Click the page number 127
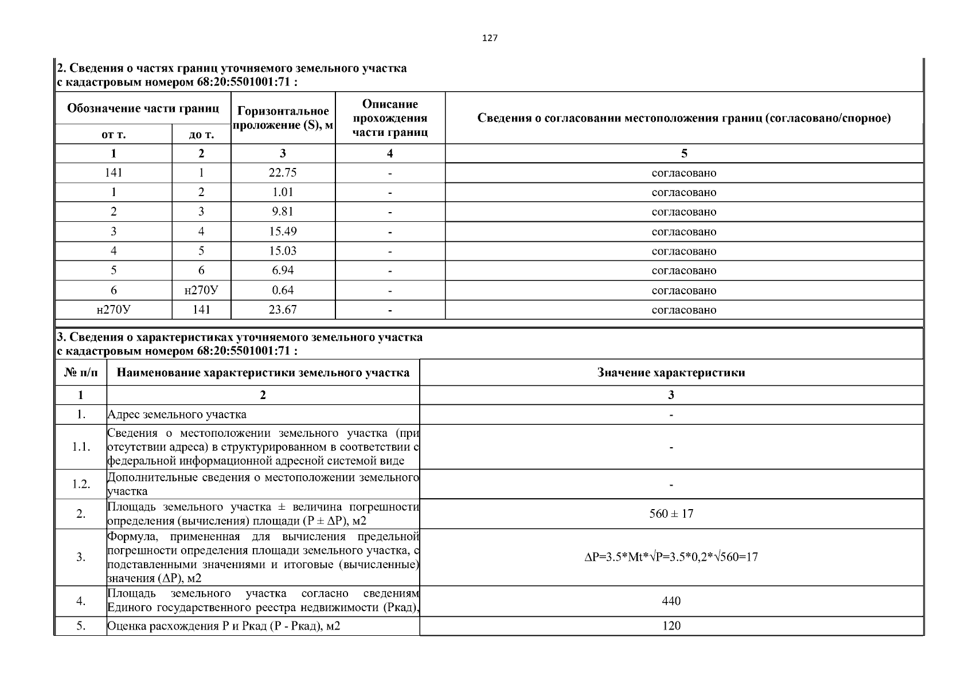490,38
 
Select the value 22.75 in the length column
283,173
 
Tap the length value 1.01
283,192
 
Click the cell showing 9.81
283,212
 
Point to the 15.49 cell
283,232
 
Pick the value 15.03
283,251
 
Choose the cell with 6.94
283,271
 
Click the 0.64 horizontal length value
283,290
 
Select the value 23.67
283,310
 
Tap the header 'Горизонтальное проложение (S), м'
283,118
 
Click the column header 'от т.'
114,135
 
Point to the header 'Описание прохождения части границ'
390,118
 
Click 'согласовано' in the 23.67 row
683,310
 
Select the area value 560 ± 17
671,514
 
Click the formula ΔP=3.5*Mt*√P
671,557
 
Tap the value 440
671,601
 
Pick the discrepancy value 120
671,626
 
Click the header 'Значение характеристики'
671,373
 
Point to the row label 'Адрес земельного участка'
177,414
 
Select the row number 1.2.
81,484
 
